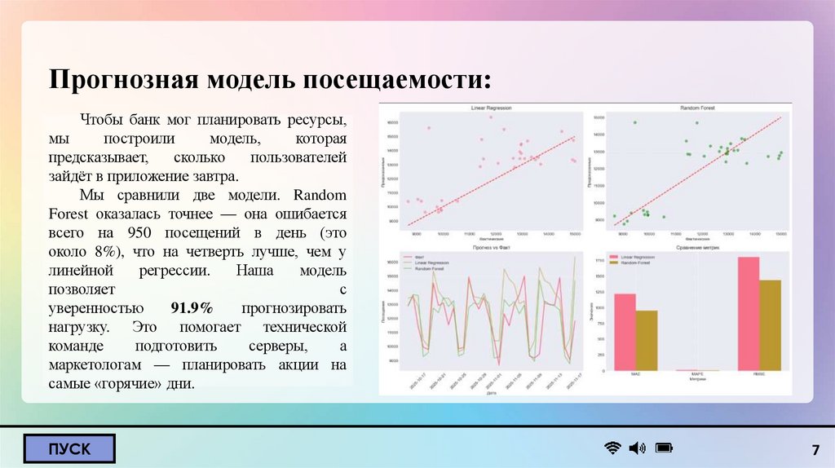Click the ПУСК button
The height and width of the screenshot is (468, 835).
(x=69, y=448)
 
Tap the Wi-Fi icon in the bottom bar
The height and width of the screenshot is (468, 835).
(x=612, y=448)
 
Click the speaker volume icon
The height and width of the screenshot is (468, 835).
(x=637, y=448)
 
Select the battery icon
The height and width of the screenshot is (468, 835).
(x=664, y=448)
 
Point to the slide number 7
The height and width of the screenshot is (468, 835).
(x=815, y=451)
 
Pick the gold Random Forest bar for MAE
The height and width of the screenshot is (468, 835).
(x=646, y=340)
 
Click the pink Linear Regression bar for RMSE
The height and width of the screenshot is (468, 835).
(x=748, y=314)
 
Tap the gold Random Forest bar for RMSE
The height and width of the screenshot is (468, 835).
(x=770, y=325)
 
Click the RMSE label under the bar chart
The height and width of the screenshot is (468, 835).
(x=759, y=374)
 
